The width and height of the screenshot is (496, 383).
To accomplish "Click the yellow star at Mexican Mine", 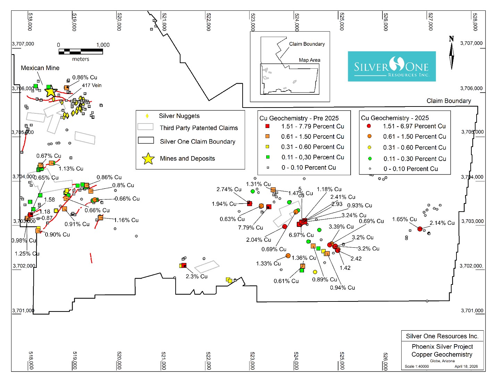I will tap(51, 92).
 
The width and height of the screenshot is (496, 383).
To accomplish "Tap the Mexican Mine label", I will tap(40, 68).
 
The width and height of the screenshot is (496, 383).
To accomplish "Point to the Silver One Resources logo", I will tap(392, 67).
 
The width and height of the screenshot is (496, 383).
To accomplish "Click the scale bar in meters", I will tap(81, 51).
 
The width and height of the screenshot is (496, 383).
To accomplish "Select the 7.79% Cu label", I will tap(250, 228).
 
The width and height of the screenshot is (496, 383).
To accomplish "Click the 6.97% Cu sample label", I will tap(301, 235).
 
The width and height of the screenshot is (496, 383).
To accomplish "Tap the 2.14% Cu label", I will tap(442, 223).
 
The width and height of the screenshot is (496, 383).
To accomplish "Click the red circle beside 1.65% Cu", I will tap(420, 229).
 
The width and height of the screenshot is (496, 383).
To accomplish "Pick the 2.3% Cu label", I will tap(196, 276).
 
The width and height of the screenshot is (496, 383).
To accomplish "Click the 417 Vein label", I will tap(92, 85).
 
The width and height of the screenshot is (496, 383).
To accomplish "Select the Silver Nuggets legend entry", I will tap(179, 116).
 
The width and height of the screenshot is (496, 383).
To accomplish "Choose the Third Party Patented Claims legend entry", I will tap(199, 128).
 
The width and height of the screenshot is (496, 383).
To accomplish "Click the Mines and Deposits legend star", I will tap(148, 159).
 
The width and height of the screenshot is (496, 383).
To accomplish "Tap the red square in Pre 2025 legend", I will tap(267, 126).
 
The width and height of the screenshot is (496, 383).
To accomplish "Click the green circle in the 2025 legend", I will tap(370, 159).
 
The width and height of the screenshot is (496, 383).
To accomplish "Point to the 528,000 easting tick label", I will tap(475, 22).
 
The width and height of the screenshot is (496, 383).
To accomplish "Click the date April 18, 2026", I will tap(466, 366).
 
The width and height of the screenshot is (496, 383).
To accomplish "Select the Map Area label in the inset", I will tap(310, 60).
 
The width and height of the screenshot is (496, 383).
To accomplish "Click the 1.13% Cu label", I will tap(71, 169).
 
